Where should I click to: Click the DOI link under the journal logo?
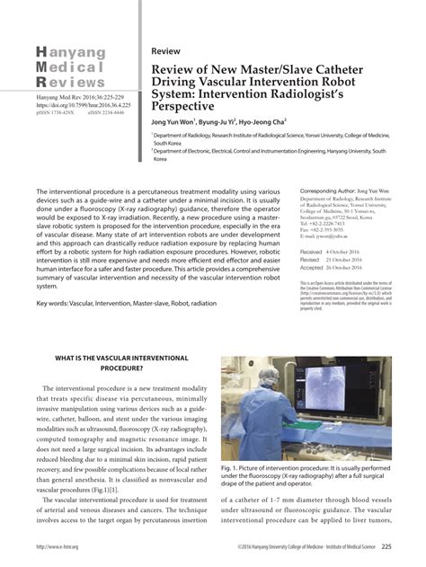click(78, 104)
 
